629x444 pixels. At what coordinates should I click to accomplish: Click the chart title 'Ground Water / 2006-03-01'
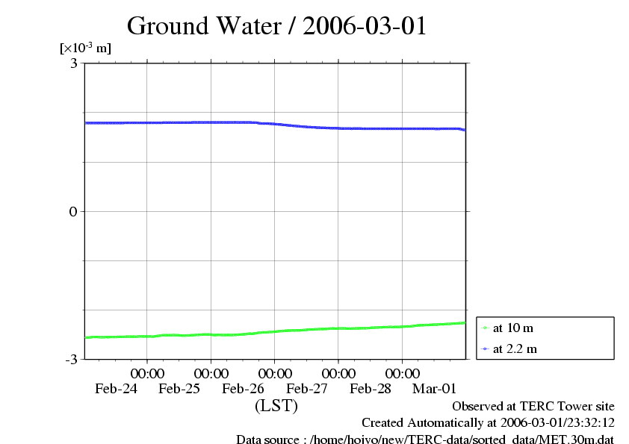tap(276, 26)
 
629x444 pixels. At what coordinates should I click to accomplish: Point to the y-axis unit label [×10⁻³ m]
tap(85, 49)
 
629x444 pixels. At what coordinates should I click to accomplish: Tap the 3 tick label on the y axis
tap(74, 63)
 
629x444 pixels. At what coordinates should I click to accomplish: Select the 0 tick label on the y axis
tap(74, 211)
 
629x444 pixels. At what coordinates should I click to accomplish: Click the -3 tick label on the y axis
tap(72, 360)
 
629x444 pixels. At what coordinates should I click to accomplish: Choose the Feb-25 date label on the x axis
tap(180, 389)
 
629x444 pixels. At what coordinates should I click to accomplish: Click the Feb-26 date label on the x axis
tap(244, 389)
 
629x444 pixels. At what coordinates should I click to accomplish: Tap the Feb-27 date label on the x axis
tap(308, 389)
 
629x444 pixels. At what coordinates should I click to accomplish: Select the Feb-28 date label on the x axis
tap(371, 389)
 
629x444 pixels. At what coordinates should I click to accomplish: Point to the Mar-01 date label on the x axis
tap(435, 389)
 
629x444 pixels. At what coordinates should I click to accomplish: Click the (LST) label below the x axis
tap(276, 407)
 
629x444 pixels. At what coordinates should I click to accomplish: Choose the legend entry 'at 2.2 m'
tap(515, 348)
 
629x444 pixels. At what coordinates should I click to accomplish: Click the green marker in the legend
tap(485, 328)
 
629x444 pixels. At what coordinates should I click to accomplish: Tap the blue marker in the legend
tap(485, 348)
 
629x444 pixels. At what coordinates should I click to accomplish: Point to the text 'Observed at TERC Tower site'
tap(533, 407)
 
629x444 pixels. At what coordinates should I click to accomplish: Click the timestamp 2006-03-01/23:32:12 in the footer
tap(553, 423)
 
